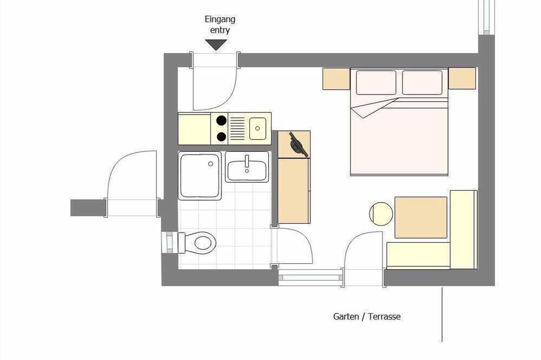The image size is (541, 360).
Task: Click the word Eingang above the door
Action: point(220,19)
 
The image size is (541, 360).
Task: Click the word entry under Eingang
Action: point(220,30)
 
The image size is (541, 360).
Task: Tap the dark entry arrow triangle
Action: point(216,44)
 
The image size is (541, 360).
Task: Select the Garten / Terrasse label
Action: point(367,316)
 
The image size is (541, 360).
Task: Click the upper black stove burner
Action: point(221,121)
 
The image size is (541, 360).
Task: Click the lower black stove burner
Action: point(221,137)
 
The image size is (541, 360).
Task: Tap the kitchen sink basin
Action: point(258,128)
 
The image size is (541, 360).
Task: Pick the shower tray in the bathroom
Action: point(200,176)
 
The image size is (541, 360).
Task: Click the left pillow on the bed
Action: point(376,82)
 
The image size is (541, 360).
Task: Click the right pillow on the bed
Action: point(423,82)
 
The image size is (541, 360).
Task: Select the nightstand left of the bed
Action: point(337,79)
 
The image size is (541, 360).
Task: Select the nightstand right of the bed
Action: point(462,78)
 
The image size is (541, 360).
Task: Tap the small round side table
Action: point(381,214)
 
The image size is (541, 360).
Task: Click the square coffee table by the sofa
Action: point(421,217)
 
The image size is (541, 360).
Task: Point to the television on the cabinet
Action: point(298,144)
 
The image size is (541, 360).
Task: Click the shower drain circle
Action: point(210,164)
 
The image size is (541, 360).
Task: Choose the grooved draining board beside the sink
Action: point(237,128)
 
